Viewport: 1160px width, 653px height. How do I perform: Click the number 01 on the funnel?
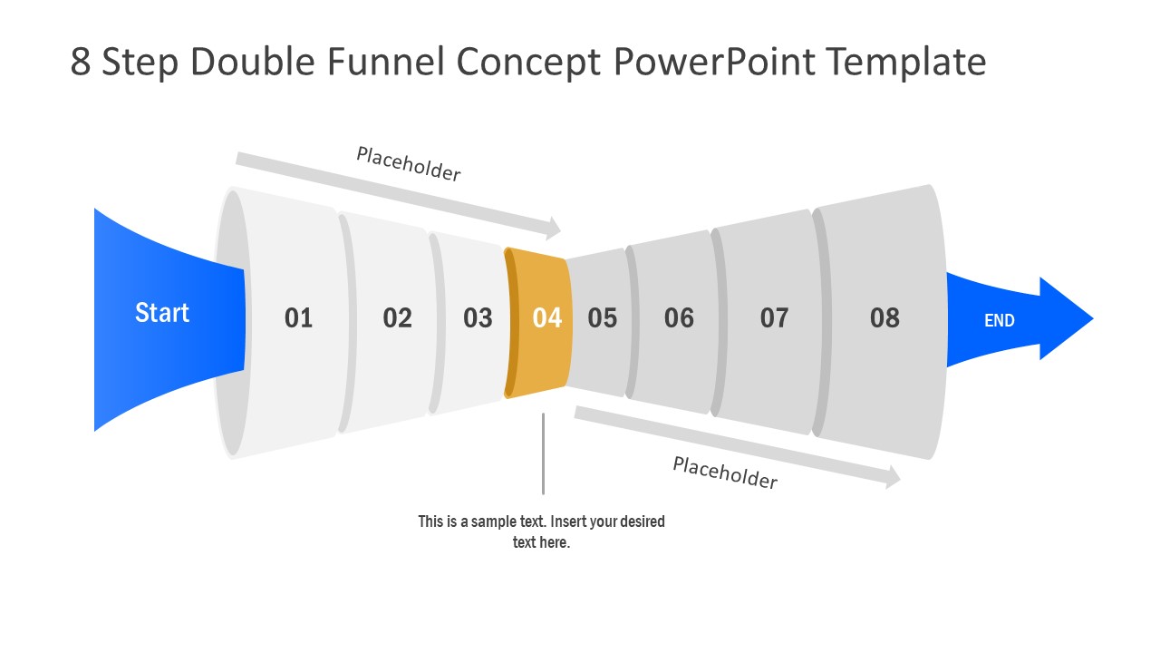click(298, 317)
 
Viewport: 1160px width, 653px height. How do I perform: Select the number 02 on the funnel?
click(397, 317)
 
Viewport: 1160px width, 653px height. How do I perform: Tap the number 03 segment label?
click(478, 317)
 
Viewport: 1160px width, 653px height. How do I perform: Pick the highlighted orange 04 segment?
click(546, 317)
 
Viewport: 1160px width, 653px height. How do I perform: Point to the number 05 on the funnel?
click(602, 317)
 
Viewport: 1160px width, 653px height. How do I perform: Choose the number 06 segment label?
click(679, 317)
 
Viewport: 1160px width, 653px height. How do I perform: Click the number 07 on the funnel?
click(774, 317)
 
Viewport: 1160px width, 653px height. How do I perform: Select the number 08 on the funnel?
click(884, 317)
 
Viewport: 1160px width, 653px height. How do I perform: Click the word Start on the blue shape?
click(162, 313)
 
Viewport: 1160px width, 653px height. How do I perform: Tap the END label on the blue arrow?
click(1000, 320)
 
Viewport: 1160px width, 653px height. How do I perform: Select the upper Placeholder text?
click(409, 164)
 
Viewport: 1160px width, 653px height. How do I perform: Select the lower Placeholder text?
click(725, 473)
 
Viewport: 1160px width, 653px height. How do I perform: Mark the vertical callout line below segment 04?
click(543, 453)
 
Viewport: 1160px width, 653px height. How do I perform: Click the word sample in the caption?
click(494, 521)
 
